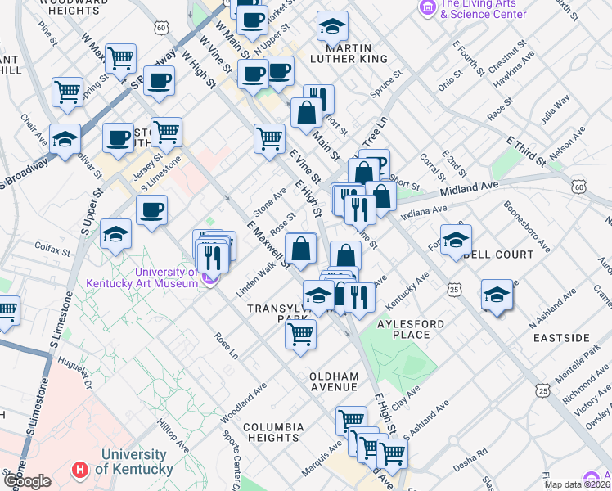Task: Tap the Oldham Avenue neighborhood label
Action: click(x=334, y=381)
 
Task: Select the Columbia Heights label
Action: click(x=272, y=433)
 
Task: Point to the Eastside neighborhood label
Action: click(x=561, y=337)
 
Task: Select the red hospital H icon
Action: click(x=79, y=470)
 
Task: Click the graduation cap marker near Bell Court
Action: click(x=457, y=241)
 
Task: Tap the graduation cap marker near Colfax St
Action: click(x=116, y=234)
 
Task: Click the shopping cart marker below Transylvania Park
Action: click(x=301, y=333)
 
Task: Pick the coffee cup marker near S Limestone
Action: click(x=151, y=211)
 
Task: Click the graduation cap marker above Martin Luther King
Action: click(x=332, y=27)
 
